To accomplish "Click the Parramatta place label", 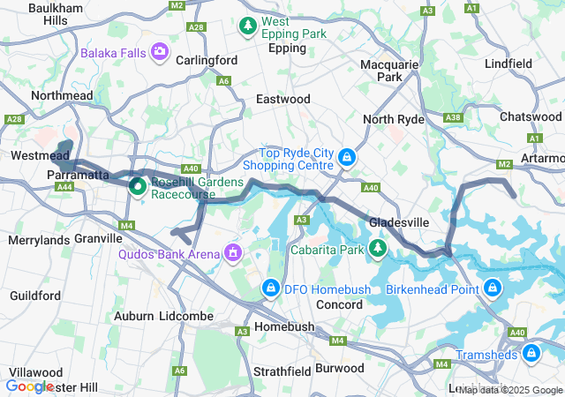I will (x=76, y=176).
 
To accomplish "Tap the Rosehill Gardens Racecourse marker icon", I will (x=138, y=186).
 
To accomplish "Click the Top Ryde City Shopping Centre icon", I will (x=347, y=158).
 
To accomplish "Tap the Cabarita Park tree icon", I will (x=378, y=249).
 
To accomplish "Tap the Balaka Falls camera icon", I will (x=160, y=52).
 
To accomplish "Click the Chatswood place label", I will (x=530, y=116).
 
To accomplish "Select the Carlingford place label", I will (x=207, y=60).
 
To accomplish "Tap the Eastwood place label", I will (x=282, y=100).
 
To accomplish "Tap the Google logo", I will (x=29, y=386).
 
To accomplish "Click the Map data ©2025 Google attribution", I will (x=510, y=390).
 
